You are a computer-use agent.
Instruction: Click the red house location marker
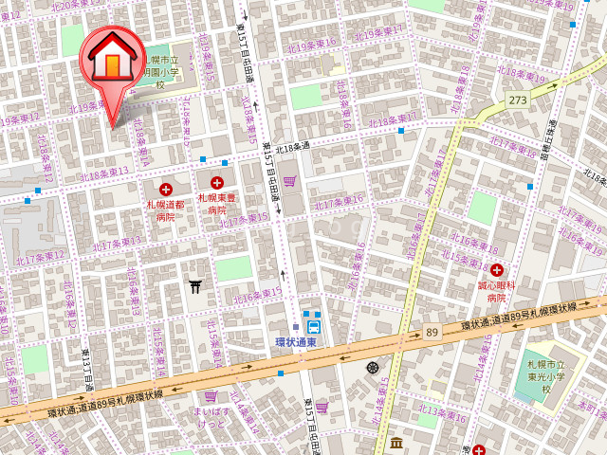click(111, 59)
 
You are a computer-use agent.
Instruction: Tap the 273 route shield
click(517, 100)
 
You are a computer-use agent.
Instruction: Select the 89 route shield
click(432, 331)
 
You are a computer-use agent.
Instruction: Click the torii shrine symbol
click(196, 285)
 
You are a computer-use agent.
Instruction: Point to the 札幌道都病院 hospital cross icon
click(167, 190)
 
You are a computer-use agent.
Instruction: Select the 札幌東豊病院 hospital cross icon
click(217, 182)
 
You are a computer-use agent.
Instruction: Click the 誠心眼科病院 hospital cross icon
click(496, 270)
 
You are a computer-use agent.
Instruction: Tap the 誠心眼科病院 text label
click(496, 290)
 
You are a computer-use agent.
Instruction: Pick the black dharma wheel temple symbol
click(372, 367)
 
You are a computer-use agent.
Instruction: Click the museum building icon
click(395, 443)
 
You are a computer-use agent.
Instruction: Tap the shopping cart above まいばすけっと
click(211, 397)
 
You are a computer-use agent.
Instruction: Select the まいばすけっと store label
click(211, 418)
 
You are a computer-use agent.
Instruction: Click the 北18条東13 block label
click(104, 173)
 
